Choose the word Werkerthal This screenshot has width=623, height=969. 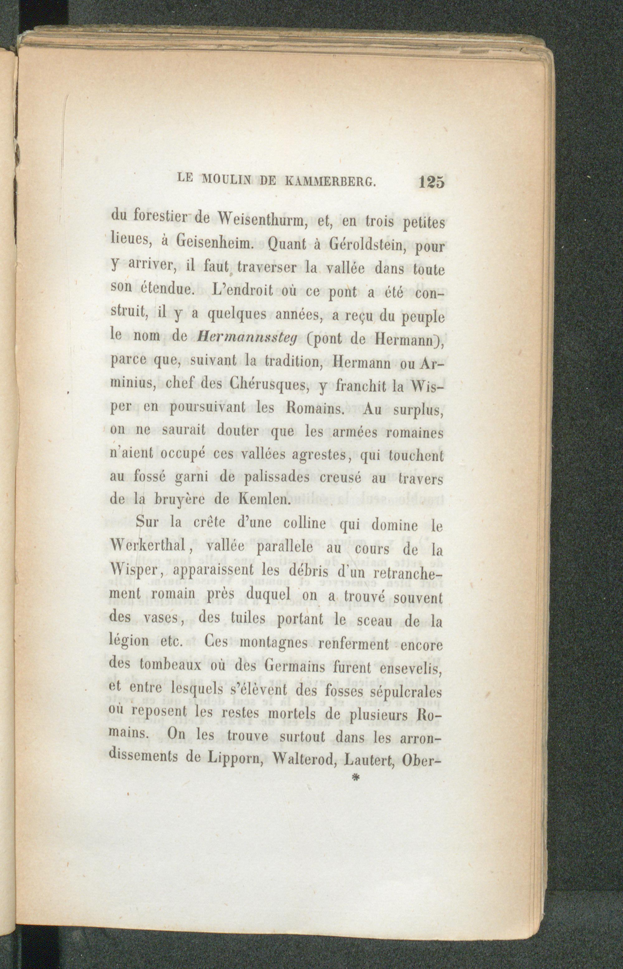[x=150, y=549]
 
